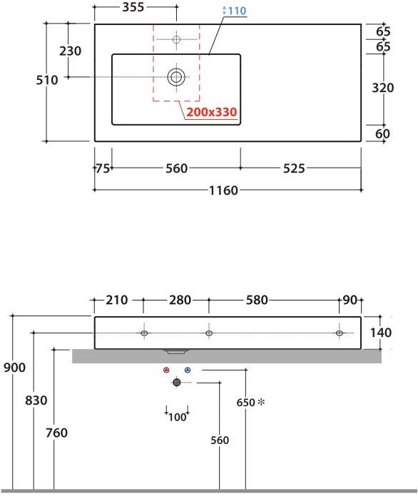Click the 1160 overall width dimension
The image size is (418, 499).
coord(223,191)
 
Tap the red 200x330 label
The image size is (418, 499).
coord(211,112)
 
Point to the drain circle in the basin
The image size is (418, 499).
coord(176,76)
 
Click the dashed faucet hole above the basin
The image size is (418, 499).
coord(176,39)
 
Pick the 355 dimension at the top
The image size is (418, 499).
coord(133,7)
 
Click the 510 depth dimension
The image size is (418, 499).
coord(47,80)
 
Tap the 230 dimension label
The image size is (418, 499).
coord(70,51)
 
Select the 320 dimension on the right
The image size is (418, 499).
coord(383,88)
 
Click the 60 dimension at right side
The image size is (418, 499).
coord(382,134)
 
